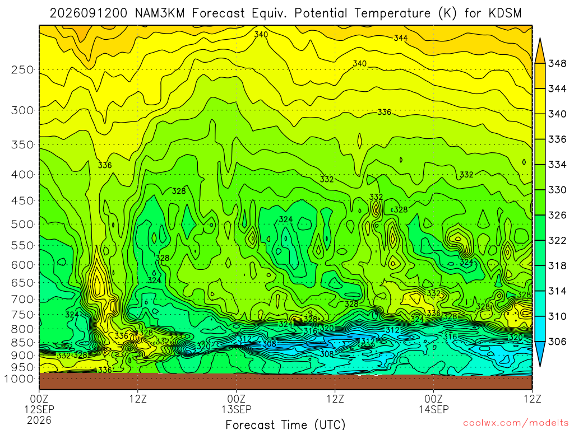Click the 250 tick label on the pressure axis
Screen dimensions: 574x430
click(22, 69)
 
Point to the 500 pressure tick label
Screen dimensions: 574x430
click(22, 224)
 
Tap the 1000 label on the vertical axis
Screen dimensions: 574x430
click(20, 379)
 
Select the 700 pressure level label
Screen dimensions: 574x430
click(22, 300)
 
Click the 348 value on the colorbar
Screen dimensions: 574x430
click(557, 63)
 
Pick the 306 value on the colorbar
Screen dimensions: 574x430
click(557, 342)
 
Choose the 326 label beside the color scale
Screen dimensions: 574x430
click(557, 215)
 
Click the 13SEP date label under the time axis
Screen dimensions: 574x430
click(237, 409)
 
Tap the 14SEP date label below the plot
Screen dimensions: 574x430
click(434, 409)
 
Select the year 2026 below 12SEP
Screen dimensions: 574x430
click(39, 420)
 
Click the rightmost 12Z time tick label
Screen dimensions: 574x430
click(533, 399)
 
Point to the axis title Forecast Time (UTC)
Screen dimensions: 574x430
click(285, 424)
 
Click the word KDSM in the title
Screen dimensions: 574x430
click(504, 13)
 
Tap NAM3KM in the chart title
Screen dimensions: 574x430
click(160, 13)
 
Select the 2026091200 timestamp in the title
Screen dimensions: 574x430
click(89, 13)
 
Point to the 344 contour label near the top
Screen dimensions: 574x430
click(401, 38)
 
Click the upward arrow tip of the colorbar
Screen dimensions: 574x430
click(540, 38)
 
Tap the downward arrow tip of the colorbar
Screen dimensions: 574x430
click(540, 366)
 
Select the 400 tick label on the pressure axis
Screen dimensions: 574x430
click(22, 175)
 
